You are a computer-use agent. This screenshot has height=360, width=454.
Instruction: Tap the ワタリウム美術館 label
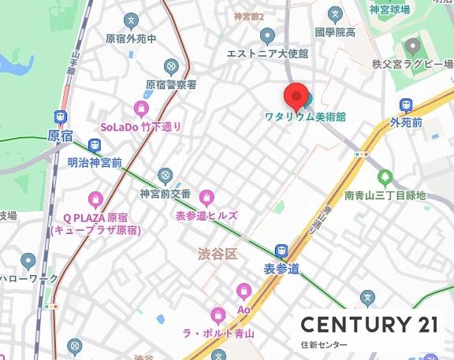tap(305, 117)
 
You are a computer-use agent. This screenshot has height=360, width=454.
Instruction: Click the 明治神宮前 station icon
tap(95, 146)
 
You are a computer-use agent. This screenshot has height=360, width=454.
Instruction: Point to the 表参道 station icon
tap(281, 251)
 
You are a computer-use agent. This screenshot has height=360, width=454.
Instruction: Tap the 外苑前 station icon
tap(407, 105)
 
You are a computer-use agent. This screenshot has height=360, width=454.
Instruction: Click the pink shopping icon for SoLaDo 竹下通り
tap(142, 109)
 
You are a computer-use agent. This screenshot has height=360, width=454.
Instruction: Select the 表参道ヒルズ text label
tap(207, 215)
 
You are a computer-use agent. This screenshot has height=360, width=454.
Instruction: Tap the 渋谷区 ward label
tap(218, 254)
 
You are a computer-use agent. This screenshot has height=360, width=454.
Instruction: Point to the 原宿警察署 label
tap(171, 84)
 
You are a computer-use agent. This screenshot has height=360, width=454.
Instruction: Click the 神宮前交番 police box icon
tap(165, 175)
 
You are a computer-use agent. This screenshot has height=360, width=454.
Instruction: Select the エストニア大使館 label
tap(267, 54)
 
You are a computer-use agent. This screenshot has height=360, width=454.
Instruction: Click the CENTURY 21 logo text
tap(369, 324)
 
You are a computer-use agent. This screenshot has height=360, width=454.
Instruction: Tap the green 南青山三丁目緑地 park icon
tap(385, 177)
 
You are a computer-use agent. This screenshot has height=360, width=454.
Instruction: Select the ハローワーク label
tap(29, 279)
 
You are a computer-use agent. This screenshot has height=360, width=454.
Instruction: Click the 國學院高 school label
tap(335, 32)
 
